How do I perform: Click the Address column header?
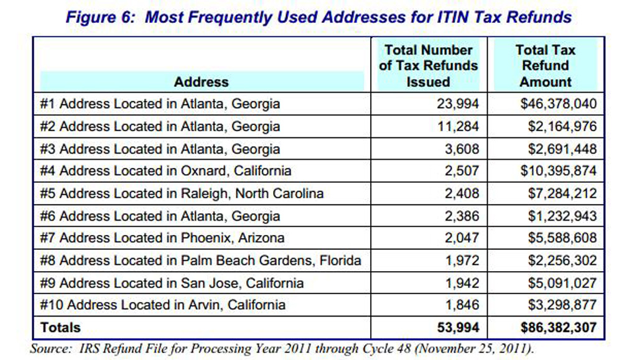pos(201,81)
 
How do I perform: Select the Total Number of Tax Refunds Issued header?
pos(429,66)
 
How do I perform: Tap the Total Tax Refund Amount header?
pos(545,66)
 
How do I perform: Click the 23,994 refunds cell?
pos(458,104)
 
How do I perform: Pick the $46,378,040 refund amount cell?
pos(558,104)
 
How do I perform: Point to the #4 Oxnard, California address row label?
pos(165,170)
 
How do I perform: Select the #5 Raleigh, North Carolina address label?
pos(182,193)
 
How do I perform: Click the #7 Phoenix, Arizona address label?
pos(162,238)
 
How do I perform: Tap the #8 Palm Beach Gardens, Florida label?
pos(200,261)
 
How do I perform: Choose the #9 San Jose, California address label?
pos(172,283)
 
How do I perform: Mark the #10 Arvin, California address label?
pos(163,305)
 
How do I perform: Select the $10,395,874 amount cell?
pos(558,170)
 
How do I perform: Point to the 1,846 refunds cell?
pos(463,305)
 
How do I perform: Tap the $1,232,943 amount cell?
pos(561,216)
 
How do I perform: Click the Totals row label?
pos(60,326)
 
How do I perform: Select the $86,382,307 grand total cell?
pos(558,326)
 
